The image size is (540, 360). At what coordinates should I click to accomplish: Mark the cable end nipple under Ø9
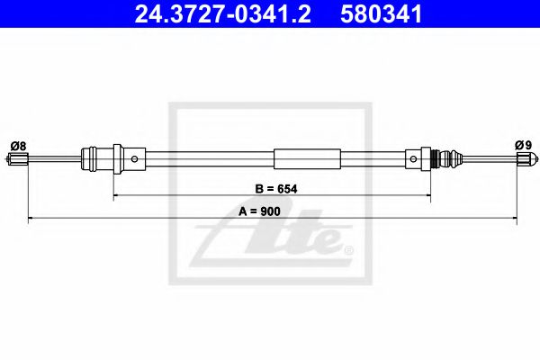pyautogui.click(x=521, y=161)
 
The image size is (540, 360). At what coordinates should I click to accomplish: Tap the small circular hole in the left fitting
pyautogui.click(x=134, y=160)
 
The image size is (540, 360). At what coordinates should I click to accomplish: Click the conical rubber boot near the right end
pyautogui.click(x=457, y=160)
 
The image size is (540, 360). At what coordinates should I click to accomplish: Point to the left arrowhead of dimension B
pyautogui.click(x=115, y=195)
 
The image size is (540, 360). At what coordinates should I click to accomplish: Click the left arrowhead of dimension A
pyautogui.click(x=31, y=218)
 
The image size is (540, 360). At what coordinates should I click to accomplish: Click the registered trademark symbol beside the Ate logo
pyautogui.click(x=348, y=248)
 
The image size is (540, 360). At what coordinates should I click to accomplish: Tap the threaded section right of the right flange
pyautogui.click(x=439, y=160)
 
